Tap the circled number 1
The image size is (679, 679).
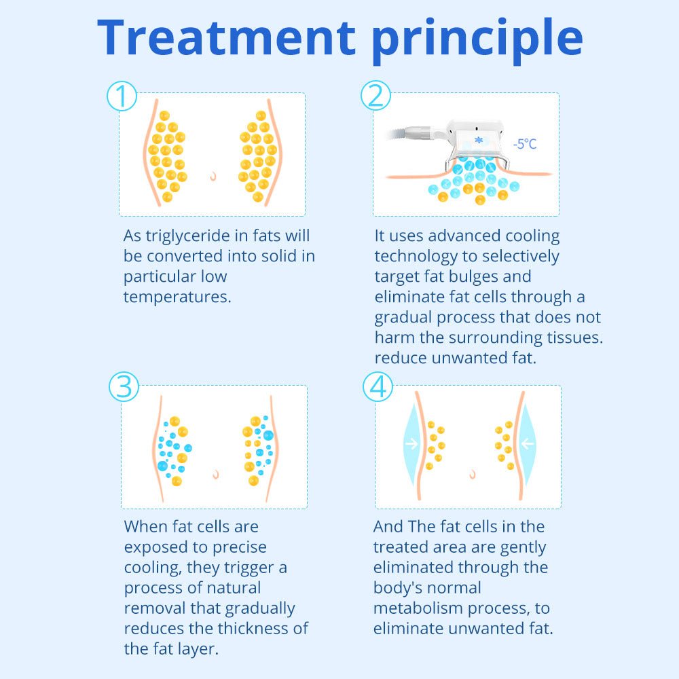point(122,96)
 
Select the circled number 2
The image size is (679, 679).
point(376,96)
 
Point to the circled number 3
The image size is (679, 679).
point(124,386)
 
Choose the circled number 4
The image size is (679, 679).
point(378,386)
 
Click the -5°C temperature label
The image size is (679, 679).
point(525,144)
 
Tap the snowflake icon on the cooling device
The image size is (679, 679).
point(479,140)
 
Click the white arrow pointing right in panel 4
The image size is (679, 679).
point(411,443)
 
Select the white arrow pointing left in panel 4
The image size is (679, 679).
point(528,443)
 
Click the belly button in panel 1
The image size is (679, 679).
point(213,176)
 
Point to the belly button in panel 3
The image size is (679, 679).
point(215,475)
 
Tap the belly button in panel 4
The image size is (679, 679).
point(473,474)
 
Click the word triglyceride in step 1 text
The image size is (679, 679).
point(188,236)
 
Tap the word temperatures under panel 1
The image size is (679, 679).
point(177,297)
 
